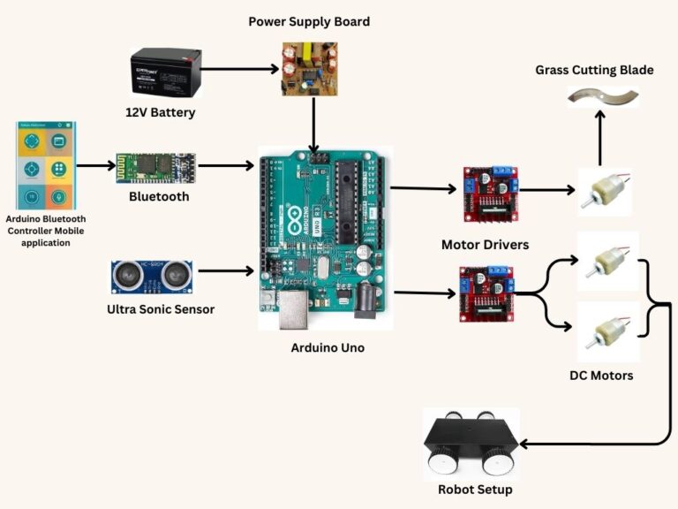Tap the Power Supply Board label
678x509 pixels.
(x=309, y=21)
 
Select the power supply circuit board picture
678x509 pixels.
(x=310, y=68)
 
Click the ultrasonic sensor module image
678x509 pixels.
(x=153, y=277)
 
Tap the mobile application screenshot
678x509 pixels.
(x=46, y=165)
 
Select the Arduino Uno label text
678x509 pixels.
(x=328, y=348)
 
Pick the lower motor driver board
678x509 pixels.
(x=485, y=293)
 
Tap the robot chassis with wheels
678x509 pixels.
(x=471, y=443)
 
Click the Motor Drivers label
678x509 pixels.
(x=485, y=243)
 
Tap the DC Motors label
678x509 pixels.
(x=600, y=376)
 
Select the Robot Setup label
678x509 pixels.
(x=474, y=490)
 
